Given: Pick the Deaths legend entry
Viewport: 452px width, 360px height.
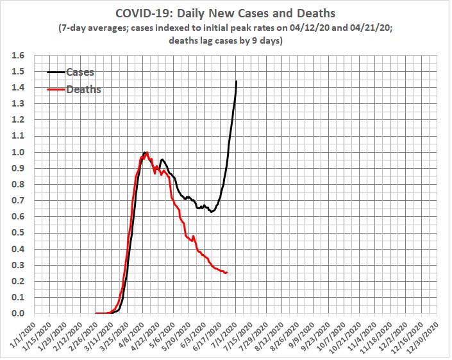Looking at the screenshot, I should pyautogui.click(x=83, y=90).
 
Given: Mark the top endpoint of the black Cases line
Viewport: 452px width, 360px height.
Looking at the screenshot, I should pyautogui.click(x=237, y=81).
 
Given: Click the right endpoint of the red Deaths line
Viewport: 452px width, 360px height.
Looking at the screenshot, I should pyautogui.click(x=227, y=272).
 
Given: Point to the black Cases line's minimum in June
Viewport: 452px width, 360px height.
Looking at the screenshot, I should pyautogui.click(x=211, y=211).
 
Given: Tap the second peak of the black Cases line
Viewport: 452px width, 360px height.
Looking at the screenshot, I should pyautogui.click(x=162, y=160).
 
